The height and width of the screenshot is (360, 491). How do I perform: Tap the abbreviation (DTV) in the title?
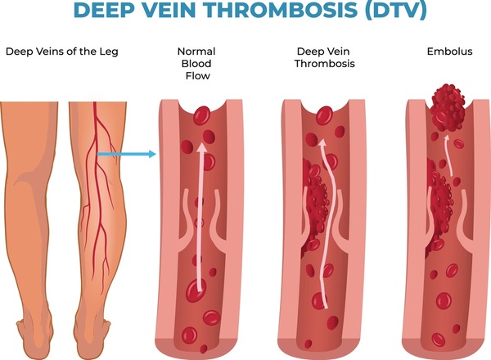(396, 11)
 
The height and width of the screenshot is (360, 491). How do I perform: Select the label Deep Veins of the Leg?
(62, 52)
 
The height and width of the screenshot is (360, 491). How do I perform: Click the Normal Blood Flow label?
(196, 64)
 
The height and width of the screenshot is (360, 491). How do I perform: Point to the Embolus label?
(449, 51)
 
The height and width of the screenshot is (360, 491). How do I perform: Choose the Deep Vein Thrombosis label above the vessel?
(324, 57)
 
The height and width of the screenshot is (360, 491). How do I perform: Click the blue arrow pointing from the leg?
(127, 154)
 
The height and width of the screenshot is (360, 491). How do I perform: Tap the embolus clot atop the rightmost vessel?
(448, 108)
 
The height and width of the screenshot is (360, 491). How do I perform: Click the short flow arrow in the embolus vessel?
(448, 155)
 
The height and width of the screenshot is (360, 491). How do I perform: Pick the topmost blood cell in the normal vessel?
(201, 115)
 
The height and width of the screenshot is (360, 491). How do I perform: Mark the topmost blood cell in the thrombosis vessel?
(324, 116)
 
